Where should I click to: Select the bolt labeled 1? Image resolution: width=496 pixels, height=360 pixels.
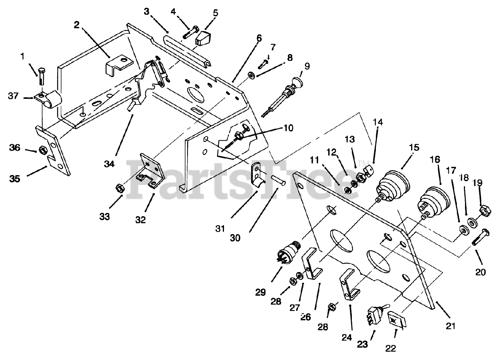coord(42,76)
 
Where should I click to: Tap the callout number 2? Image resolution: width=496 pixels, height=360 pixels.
coord(76,26)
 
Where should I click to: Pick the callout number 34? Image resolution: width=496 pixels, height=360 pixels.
coord(109,164)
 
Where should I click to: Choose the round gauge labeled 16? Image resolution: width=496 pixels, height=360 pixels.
coord(433,200)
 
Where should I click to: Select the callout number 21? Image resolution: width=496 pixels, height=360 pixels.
coord(450,326)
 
